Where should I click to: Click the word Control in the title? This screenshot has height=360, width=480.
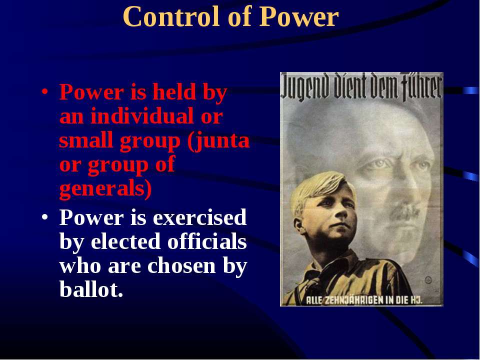coord(171,17)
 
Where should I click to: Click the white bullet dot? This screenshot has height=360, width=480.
coord(45,217)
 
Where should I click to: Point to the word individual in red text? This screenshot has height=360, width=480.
coord(142,116)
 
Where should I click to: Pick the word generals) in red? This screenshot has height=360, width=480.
coord(105,188)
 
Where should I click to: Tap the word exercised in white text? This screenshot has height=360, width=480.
coord(199,217)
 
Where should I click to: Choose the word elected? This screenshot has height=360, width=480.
coord(126,241)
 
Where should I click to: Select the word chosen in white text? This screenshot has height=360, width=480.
coord(181,265)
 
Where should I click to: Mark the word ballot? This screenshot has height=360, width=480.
coord(91,289)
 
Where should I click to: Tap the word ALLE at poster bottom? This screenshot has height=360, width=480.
coord(314,300)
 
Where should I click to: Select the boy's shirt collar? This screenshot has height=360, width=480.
coord(340,266)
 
